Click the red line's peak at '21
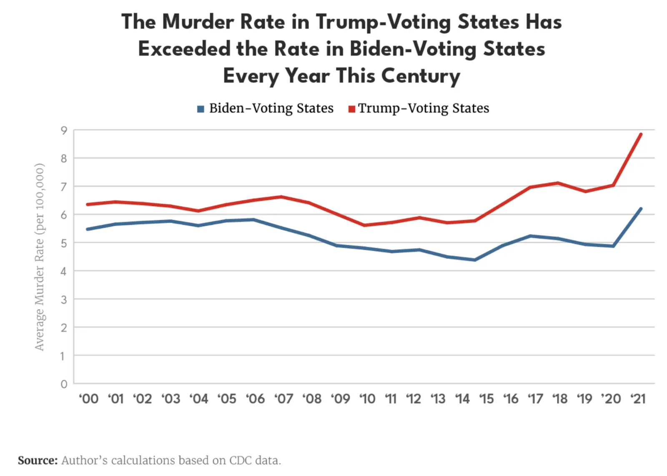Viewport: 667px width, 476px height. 641,135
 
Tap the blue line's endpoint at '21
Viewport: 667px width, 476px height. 641,209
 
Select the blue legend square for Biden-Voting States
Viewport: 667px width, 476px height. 201,109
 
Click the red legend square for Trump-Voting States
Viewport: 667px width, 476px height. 352,109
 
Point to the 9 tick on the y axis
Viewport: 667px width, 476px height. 64,131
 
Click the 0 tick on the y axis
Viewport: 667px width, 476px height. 64,384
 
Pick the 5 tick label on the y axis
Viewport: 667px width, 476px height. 64,243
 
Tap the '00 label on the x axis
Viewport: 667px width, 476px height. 88,399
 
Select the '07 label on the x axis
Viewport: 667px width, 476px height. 283,399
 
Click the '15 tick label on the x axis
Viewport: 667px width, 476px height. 486,399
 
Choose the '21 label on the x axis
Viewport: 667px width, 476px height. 638,399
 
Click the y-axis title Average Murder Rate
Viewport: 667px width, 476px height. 39,257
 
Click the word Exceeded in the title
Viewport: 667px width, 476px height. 184,49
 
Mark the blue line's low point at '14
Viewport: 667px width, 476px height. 475,260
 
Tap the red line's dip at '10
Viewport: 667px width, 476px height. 364,225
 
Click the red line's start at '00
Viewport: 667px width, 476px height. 88,204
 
